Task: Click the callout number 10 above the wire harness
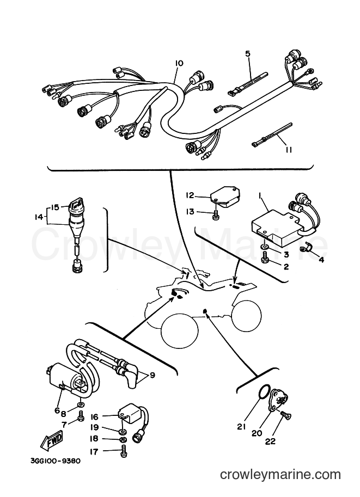click(x=179, y=63)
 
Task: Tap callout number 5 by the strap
click(x=248, y=53)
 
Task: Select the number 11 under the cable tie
click(x=288, y=149)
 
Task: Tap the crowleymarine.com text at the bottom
click(x=280, y=475)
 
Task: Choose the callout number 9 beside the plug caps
click(x=152, y=375)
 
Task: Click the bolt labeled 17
click(x=124, y=451)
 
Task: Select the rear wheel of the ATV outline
click(x=247, y=315)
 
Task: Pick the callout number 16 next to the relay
click(x=95, y=416)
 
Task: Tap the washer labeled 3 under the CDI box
click(x=265, y=247)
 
